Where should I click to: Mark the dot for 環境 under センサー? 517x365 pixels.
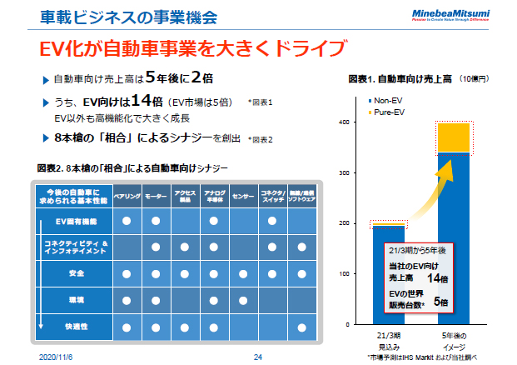[243, 299]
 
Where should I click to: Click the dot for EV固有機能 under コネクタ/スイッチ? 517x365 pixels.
[272, 222]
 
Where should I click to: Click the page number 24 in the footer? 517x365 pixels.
[257, 357]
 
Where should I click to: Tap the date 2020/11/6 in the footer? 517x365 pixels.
[57, 357]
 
